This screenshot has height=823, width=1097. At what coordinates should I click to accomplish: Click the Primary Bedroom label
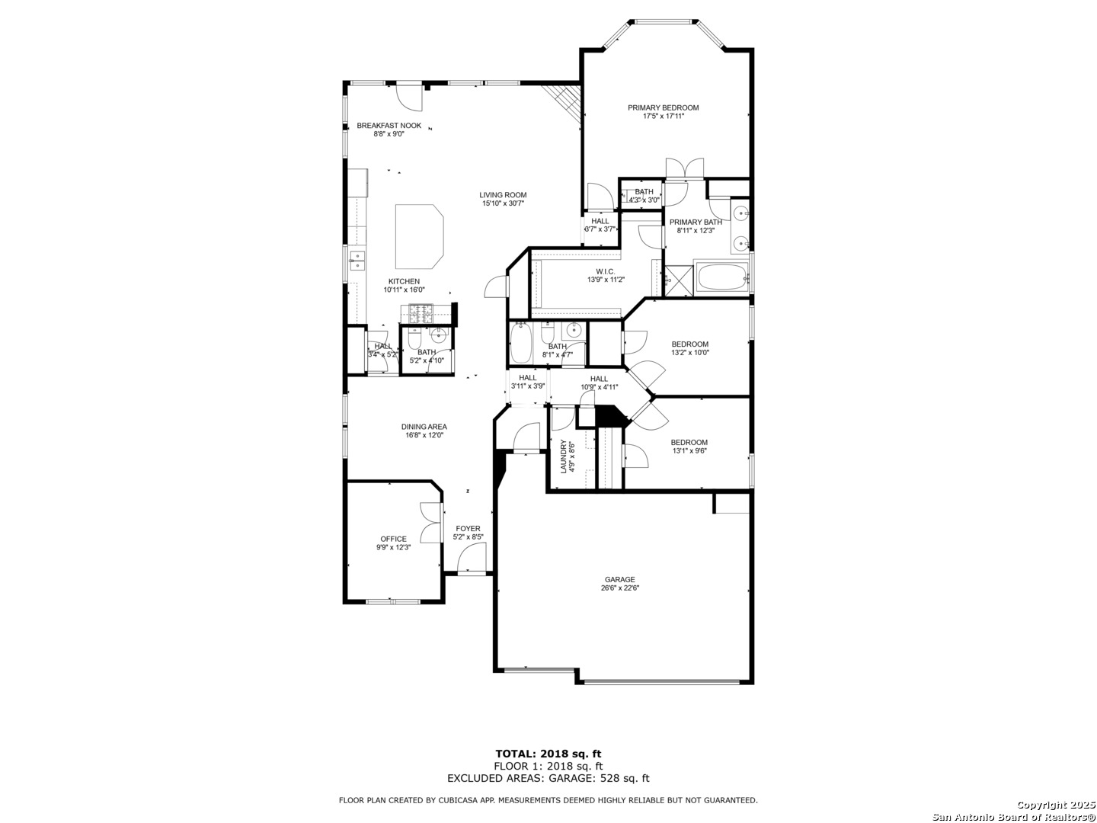[663, 107]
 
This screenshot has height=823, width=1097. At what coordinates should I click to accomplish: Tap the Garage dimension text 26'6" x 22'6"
[619, 588]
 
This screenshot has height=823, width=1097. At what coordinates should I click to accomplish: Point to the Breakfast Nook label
[389, 126]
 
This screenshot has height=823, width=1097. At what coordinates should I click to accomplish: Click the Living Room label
[503, 195]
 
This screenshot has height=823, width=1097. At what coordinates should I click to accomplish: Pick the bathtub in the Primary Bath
[721, 277]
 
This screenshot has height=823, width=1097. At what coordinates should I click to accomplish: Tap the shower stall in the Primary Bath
[679, 280]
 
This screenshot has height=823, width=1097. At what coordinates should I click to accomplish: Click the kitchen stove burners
[421, 312]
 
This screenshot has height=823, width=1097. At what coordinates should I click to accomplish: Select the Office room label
[393, 539]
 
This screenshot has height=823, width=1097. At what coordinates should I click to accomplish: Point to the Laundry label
[563, 456]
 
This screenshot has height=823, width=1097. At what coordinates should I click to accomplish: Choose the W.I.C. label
[605, 271]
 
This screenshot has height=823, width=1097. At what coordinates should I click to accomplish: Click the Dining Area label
[424, 427]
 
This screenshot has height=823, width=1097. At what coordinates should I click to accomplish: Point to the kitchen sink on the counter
[357, 261]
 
